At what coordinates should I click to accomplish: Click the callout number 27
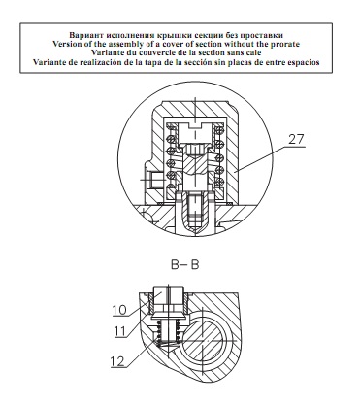click(x=296, y=139)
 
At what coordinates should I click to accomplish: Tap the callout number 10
click(x=119, y=310)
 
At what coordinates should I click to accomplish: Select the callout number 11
click(x=119, y=331)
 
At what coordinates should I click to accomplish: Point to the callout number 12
click(x=117, y=361)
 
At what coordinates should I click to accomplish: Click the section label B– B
click(x=185, y=265)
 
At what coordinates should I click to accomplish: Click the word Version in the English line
click(x=65, y=44)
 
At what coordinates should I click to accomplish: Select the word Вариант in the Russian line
click(x=82, y=35)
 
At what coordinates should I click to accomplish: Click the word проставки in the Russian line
click(x=267, y=35)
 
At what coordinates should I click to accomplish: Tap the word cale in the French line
click(x=254, y=52)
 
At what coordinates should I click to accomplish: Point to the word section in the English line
click(x=210, y=44)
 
